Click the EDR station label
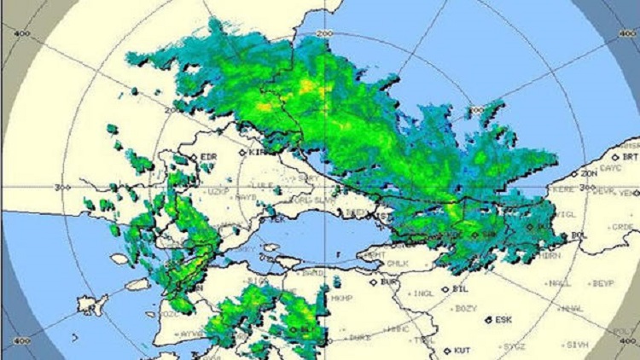(209, 158)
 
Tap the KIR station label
(257, 152)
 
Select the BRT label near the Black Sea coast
(631, 158)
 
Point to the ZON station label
(589, 174)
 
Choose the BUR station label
(390, 281)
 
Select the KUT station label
(463, 351)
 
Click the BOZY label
(466, 308)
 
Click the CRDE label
(622, 227)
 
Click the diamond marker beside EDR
(195, 158)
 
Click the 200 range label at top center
(323, 33)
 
